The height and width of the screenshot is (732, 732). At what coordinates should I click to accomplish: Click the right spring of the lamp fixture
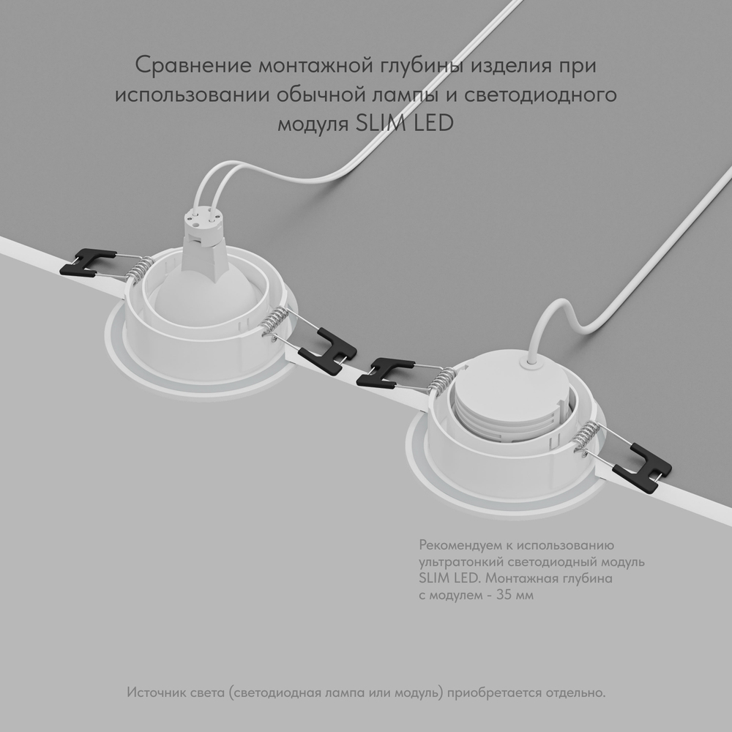272,322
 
